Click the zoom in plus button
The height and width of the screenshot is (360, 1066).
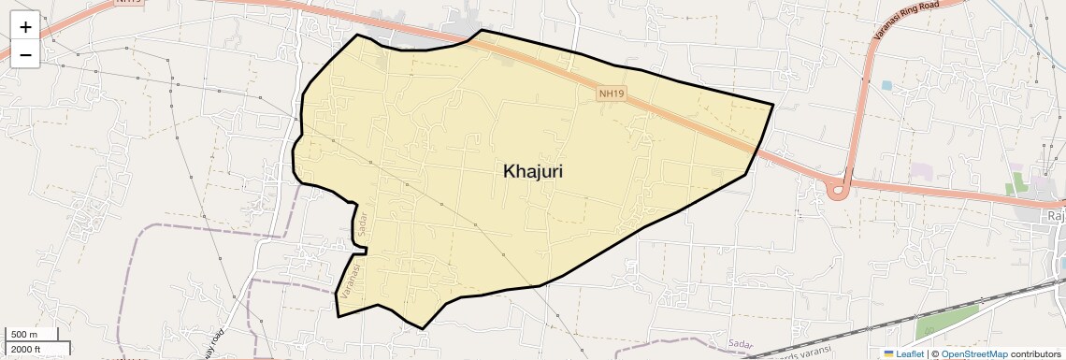[x=25, y=27]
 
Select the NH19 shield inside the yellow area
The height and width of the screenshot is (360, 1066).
[x=612, y=94]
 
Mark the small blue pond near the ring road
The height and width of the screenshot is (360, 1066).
[x=886, y=86]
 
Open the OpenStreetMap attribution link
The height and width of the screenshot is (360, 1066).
[x=974, y=353]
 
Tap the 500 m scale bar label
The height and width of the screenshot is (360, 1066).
[x=24, y=335]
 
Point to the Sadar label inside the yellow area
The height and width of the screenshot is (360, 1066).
[x=363, y=224]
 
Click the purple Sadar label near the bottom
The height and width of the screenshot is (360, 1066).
[x=740, y=344]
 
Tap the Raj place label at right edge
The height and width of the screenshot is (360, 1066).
[x=1056, y=217]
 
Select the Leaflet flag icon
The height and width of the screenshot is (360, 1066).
[x=888, y=353]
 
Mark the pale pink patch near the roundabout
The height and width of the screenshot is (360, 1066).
[x=922, y=172]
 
